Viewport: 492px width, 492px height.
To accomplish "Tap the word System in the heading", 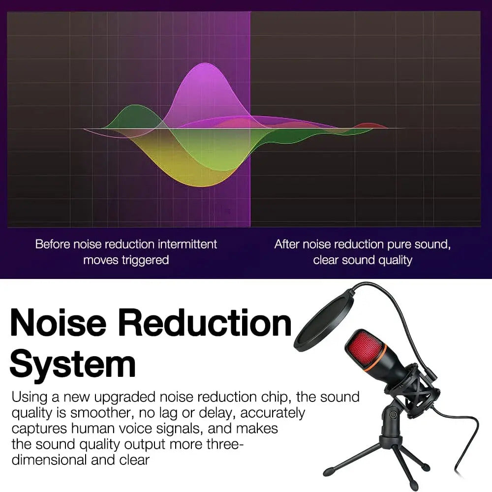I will click(72, 364).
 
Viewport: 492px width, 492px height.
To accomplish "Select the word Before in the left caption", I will click(52, 244).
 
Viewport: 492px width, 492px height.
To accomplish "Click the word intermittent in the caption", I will click(187, 244).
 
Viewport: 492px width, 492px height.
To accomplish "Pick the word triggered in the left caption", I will click(146, 260).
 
